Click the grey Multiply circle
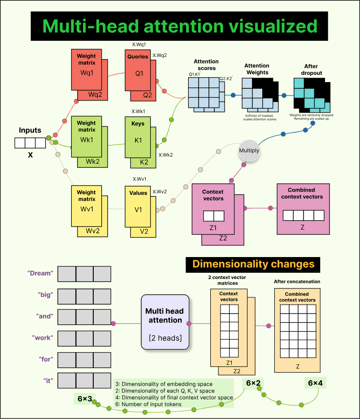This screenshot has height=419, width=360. pyautogui.click(x=249, y=151)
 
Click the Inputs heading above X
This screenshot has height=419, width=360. pyautogui.click(x=30, y=131)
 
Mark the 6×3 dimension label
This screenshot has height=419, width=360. pyautogui.click(x=85, y=399)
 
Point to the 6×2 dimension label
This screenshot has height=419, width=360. pyautogui.click(x=254, y=384)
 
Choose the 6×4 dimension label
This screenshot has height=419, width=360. pyautogui.click(x=315, y=383)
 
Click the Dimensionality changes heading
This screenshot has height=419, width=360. pyautogui.click(x=253, y=264)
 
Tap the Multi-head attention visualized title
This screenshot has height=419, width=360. pyautogui.click(x=180, y=26)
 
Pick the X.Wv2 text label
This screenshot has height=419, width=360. pyautogui.click(x=160, y=192)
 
